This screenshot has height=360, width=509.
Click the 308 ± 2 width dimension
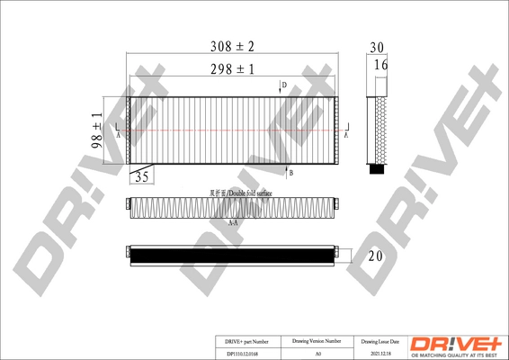point(233,46)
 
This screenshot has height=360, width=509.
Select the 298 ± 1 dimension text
point(233,68)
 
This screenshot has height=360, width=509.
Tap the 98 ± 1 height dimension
point(97,131)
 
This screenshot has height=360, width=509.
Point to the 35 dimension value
point(141,177)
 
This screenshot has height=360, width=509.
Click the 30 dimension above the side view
point(377,47)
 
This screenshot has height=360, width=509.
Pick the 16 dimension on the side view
point(380,66)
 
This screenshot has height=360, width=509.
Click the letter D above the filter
point(284,85)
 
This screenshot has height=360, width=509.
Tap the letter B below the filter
point(290,171)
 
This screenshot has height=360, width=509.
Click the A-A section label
point(233,222)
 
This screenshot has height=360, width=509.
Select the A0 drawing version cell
point(317,355)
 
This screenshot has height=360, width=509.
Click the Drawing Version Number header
point(317,342)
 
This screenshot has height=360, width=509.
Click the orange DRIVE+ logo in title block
point(458,343)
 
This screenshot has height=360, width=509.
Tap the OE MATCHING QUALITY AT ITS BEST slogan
point(458,354)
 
